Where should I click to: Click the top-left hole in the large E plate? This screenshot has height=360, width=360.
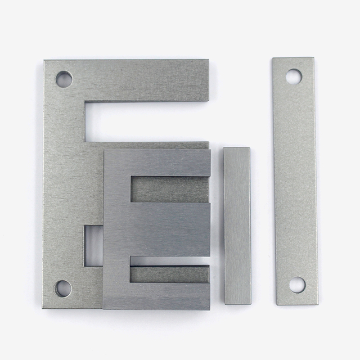click(x=64, y=79)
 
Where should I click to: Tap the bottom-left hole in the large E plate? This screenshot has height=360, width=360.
click(x=63, y=289)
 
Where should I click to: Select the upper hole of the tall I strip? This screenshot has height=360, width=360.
click(x=294, y=76)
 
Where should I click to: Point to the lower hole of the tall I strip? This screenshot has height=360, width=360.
click(x=297, y=285)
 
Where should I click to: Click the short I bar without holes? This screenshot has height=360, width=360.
click(x=237, y=225)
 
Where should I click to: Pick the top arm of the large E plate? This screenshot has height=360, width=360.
click(x=146, y=80)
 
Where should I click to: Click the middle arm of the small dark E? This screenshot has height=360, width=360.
click(x=169, y=229)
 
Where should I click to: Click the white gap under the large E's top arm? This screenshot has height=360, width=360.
click(x=146, y=121)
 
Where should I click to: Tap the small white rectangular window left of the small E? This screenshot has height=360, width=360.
click(x=93, y=245)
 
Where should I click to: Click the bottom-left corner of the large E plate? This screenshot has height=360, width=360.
click(x=45, y=306)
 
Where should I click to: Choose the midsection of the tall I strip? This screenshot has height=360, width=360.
click(x=295, y=180)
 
